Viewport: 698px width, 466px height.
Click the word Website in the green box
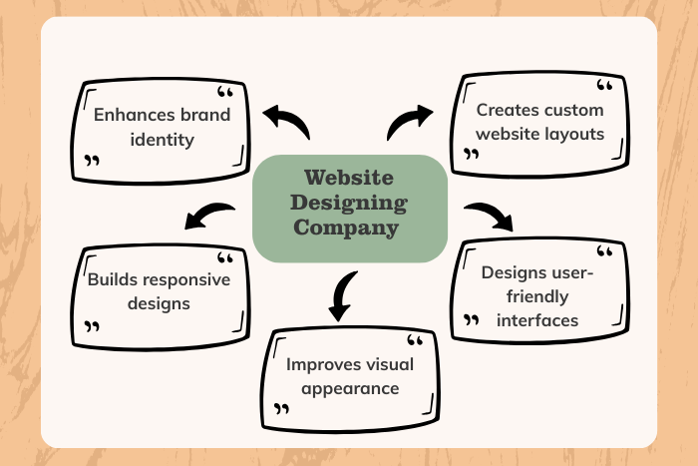(348, 180)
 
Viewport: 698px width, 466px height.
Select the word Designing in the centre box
(348, 204)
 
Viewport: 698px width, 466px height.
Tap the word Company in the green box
(348, 229)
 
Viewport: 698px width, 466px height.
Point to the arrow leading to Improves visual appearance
(342, 294)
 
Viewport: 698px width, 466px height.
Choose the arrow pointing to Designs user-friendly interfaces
(489, 215)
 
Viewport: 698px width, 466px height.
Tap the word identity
(162, 139)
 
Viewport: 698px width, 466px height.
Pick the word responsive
(193, 278)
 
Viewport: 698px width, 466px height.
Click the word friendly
(528, 295)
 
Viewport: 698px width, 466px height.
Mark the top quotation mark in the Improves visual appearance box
(416, 342)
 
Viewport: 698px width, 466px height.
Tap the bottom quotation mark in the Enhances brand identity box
(93, 160)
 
